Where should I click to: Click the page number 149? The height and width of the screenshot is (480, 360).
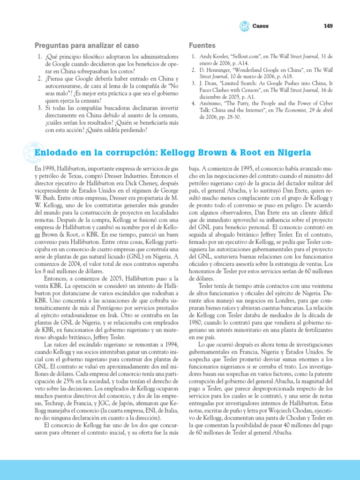pyautogui.click(x=328, y=26)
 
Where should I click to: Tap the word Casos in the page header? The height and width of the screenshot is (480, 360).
pyautogui.click(x=261, y=26)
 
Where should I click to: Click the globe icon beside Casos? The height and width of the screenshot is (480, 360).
pyautogui.click(x=245, y=26)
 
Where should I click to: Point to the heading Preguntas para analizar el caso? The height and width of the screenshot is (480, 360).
pyautogui.click(x=87, y=45)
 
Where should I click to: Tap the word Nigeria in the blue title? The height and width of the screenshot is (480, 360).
pyautogui.click(x=294, y=152)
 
